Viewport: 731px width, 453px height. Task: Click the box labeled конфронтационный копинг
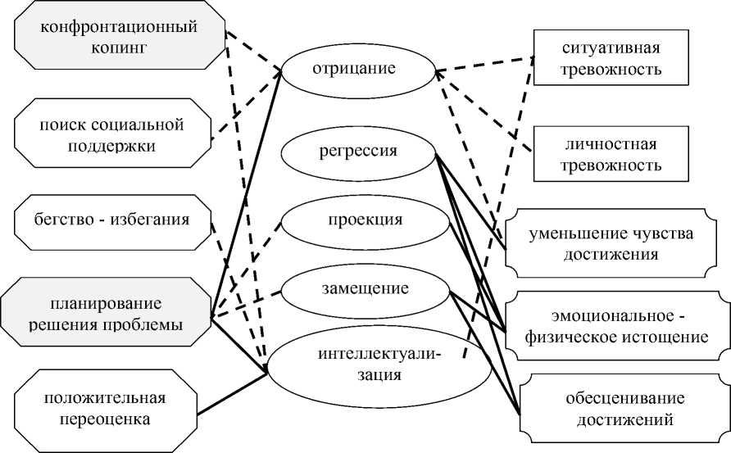point(120,37)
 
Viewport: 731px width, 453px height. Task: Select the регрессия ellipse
point(358,152)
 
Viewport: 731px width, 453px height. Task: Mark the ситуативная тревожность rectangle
point(607,58)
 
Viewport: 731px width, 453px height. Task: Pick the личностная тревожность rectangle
point(607,155)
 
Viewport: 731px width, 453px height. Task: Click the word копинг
point(120,48)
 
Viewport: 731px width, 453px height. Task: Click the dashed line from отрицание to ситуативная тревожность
point(484,65)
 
